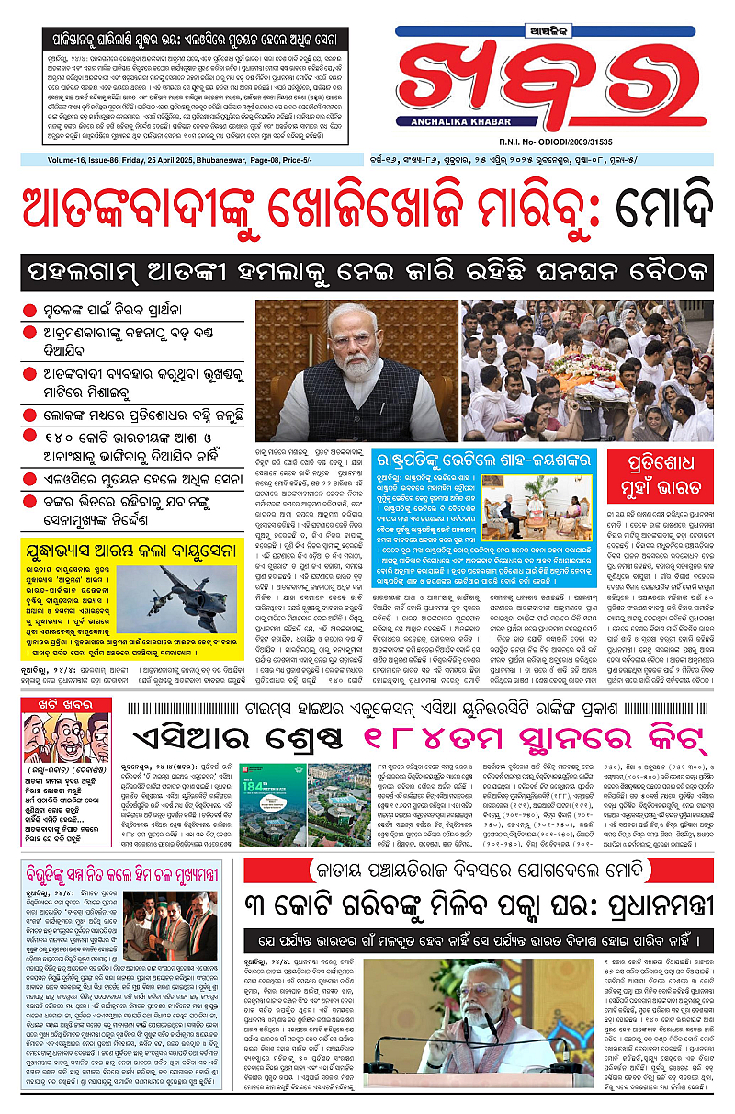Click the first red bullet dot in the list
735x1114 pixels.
point(31,311)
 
